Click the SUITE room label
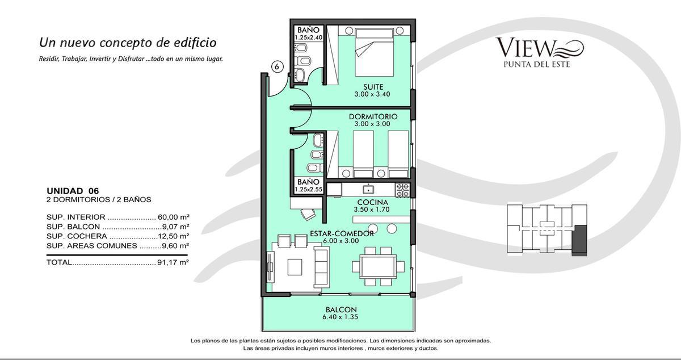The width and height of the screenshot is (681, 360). pos(373,87)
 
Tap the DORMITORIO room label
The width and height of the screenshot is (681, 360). pos(373,116)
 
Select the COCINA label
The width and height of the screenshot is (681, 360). pos(372,202)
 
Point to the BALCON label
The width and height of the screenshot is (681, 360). pos(341,309)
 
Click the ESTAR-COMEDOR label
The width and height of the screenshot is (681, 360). pos(342,233)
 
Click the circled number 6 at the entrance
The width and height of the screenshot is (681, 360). pos(277,66)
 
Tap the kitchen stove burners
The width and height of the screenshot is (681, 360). pos(402,190)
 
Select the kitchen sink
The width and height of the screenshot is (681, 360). pos(369,189)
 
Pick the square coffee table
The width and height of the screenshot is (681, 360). pos(295,267)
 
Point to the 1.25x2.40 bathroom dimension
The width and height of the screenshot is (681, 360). pos(308,37)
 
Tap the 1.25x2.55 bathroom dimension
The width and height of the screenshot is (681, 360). pos(308,189)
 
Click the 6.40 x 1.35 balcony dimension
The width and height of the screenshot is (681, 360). pos(340,317)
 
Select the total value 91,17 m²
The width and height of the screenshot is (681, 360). pos(173,262)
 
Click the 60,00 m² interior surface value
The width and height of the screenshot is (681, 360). pos(173,217)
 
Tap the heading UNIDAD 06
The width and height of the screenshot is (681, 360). pos(73,191)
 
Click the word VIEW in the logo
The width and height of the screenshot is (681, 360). pos(526,48)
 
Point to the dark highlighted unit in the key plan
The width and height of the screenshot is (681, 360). pos(579,240)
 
